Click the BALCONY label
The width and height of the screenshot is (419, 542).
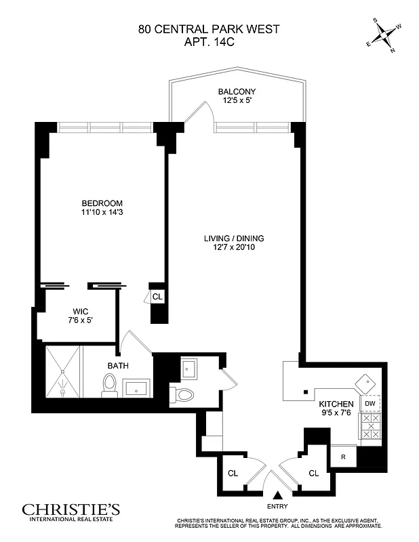click(237, 91)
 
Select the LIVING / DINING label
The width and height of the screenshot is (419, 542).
click(234, 238)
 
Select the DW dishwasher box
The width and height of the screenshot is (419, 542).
click(370, 404)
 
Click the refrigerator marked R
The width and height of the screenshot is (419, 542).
click(344, 457)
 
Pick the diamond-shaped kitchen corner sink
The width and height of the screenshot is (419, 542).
click(366, 383)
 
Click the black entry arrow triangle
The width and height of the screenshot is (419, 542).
click(277, 496)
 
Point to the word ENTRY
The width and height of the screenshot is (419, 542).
click(277, 507)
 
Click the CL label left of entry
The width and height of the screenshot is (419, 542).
click(233, 473)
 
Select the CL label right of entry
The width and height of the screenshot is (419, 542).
click(314, 473)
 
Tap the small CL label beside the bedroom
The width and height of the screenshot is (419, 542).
click(157, 296)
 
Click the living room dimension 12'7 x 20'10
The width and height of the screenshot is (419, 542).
click(234, 249)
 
